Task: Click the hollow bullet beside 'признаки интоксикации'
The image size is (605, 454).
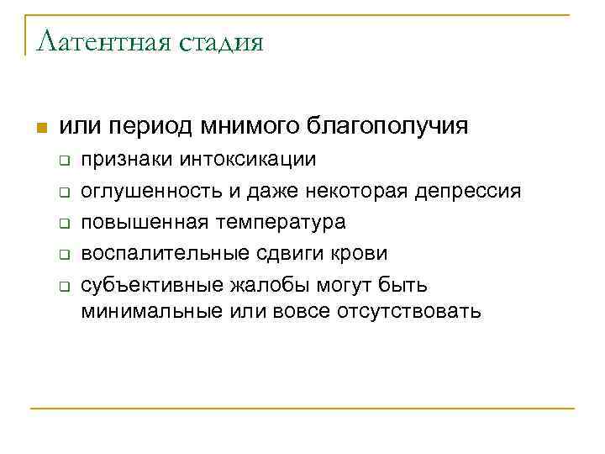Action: pos(64,159)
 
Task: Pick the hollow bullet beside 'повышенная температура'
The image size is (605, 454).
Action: pos(64,223)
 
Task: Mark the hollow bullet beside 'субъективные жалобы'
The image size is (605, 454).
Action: pos(64,285)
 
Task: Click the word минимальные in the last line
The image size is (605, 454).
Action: pos(151,312)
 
